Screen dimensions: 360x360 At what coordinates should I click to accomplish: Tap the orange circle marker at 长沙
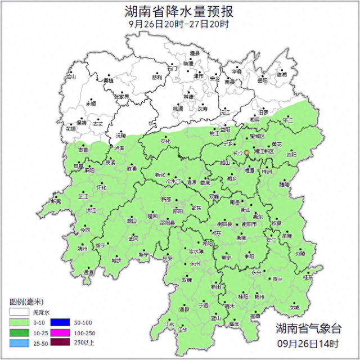246,152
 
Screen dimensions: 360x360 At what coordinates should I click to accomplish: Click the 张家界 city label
122,97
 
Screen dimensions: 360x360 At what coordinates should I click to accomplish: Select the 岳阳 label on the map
263,81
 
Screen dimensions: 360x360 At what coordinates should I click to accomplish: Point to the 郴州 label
259,296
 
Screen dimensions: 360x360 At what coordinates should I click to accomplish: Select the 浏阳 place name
291,154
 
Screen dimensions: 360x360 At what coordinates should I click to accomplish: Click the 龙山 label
70,76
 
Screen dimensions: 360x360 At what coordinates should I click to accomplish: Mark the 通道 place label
89,272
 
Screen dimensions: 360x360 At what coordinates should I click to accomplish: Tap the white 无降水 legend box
18,312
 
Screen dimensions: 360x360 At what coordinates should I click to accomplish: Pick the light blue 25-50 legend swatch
18,343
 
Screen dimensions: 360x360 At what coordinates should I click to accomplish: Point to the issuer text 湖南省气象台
308,328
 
